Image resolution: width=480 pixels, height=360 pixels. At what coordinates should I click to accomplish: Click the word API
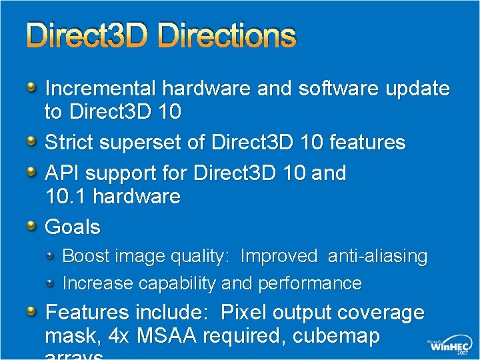click(x=62, y=173)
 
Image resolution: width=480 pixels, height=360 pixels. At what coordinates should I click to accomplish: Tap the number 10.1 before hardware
click(x=65, y=197)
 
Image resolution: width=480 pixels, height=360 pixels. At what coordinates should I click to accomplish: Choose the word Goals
click(x=72, y=227)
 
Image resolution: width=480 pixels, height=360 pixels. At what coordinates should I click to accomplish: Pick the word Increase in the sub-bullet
click(x=97, y=283)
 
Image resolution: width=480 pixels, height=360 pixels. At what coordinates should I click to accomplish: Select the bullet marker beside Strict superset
click(x=31, y=141)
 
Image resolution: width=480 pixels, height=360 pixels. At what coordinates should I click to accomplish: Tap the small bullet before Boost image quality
click(x=51, y=256)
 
